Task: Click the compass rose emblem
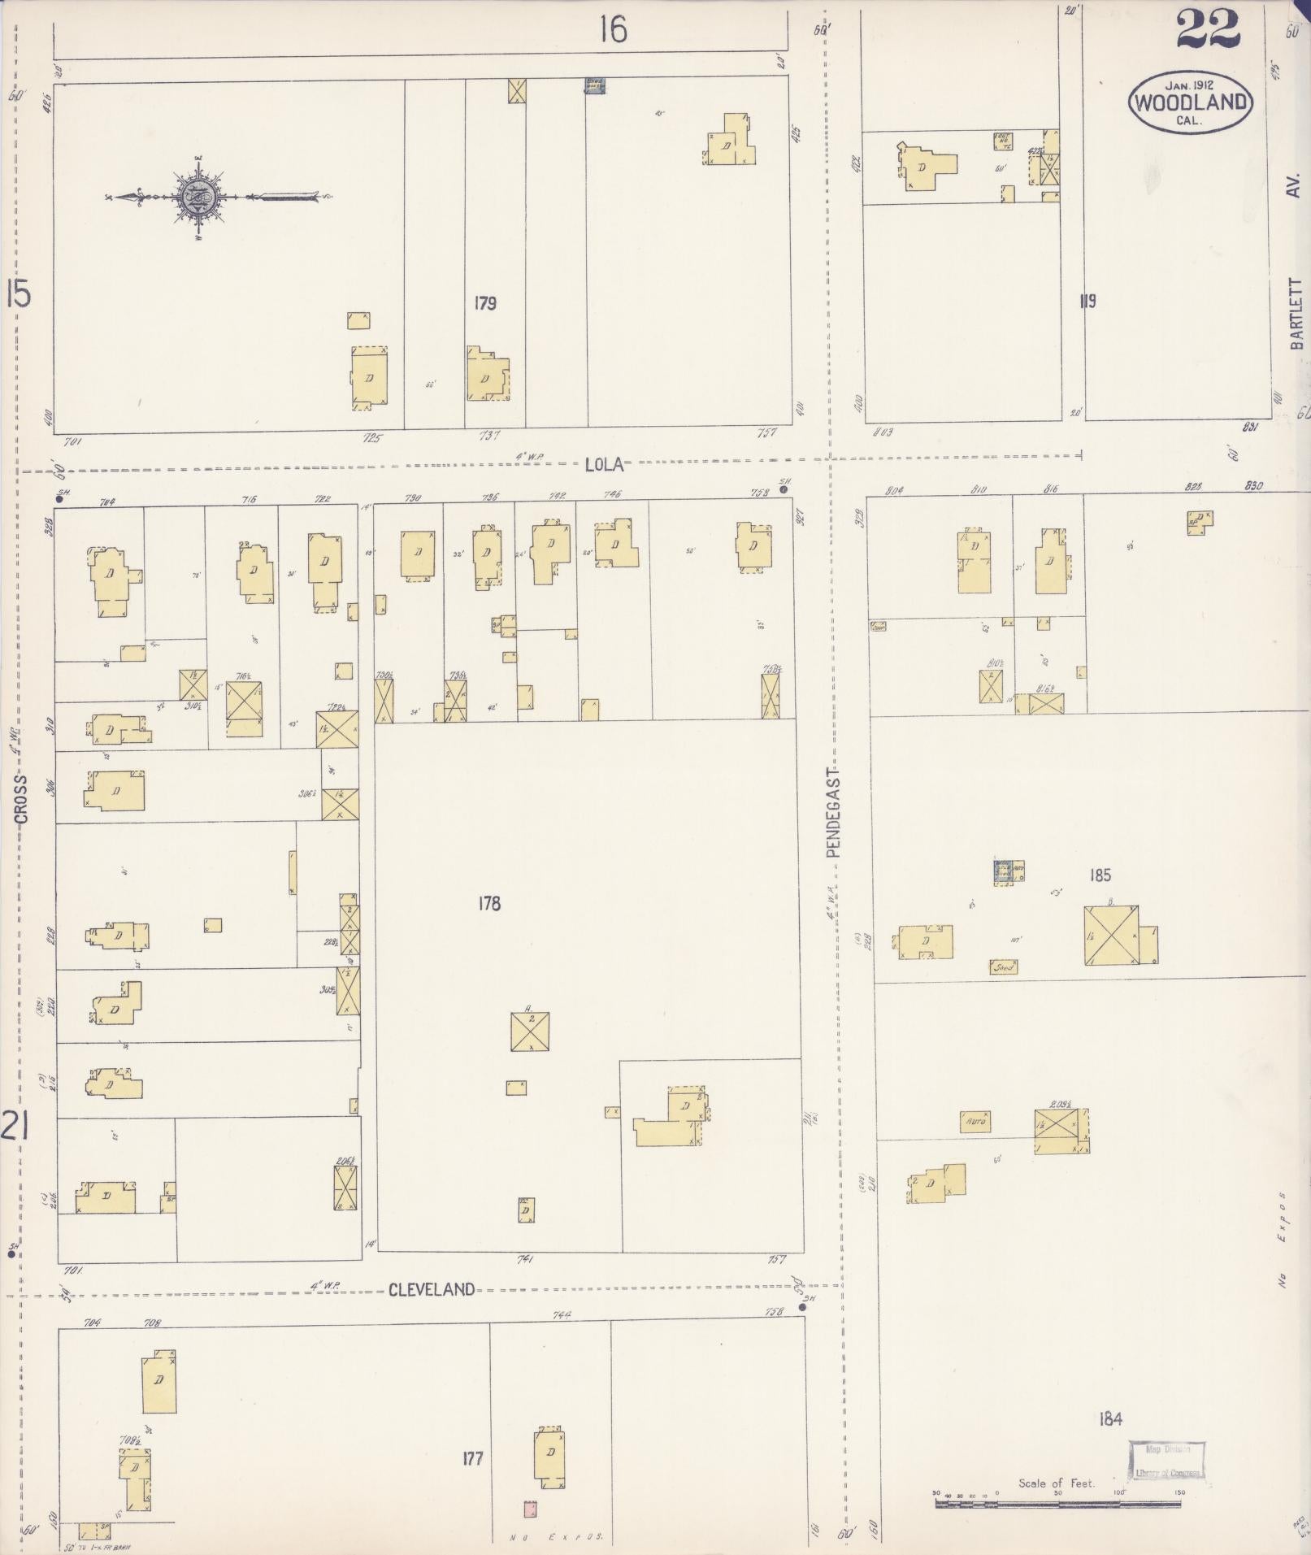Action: coord(198,195)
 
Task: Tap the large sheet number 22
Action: coord(1207,31)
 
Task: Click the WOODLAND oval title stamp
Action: coord(1190,102)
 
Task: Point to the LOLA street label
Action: coord(604,465)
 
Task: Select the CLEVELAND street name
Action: coord(431,1289)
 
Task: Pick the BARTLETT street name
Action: coord(1296,313)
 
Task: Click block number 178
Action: coord(489,903)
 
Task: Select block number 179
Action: coord(485,303)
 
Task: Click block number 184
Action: coord(1110,1419)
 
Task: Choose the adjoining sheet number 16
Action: coord(613,31)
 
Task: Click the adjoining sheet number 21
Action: coord(16,1128)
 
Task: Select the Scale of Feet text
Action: coord(1057,1483)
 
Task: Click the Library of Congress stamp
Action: coord(1166,1462)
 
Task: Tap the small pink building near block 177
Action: coord(530,1509)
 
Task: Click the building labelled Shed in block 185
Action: coord(1004,967)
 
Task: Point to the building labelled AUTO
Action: coord(975,1122)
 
